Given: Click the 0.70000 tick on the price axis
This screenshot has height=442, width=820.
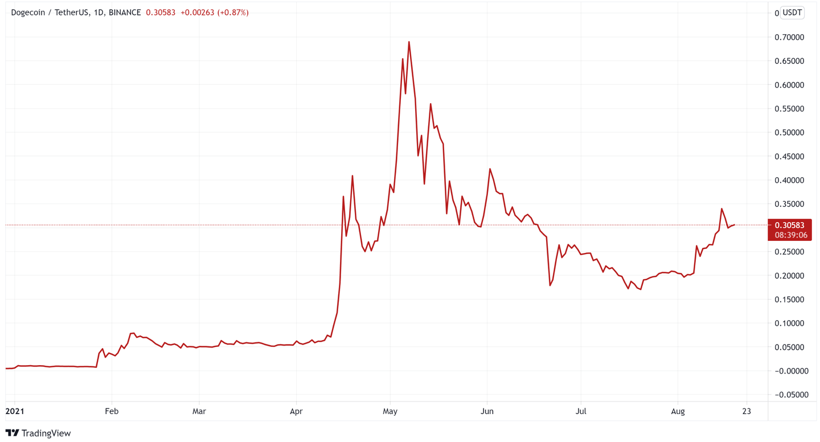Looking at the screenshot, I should [x=789, y=38].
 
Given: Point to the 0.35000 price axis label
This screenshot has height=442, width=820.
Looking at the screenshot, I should [x=789, y=204].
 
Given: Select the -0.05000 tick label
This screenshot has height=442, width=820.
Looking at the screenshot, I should [x=789, y=395].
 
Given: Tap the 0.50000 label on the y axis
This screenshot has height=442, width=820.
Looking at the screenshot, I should [x=789, y=133].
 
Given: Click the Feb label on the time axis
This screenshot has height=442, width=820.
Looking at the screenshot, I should [x=112, y=411].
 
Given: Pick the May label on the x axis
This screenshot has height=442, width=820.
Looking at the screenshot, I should [x=390, y=411].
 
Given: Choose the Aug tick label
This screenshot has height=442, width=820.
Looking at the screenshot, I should [x=678, y=411].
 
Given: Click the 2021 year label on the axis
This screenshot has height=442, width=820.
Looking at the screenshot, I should [x=15, y=411].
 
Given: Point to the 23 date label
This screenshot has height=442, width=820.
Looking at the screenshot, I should [x=747, y=411].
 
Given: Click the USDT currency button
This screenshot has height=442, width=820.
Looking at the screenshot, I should [x=792, y=13].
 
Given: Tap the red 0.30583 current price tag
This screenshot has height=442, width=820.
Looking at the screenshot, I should [x=789, y=226].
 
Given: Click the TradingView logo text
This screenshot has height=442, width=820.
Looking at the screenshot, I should [x=38, y=433].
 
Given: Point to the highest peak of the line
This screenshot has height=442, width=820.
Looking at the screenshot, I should [x=409, y=42].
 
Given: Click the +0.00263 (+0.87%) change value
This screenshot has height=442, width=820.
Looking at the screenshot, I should [x=214, y=13].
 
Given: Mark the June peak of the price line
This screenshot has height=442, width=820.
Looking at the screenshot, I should [x=490, y=169].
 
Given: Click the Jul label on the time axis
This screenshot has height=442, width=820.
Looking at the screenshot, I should [x=581, y=411].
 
